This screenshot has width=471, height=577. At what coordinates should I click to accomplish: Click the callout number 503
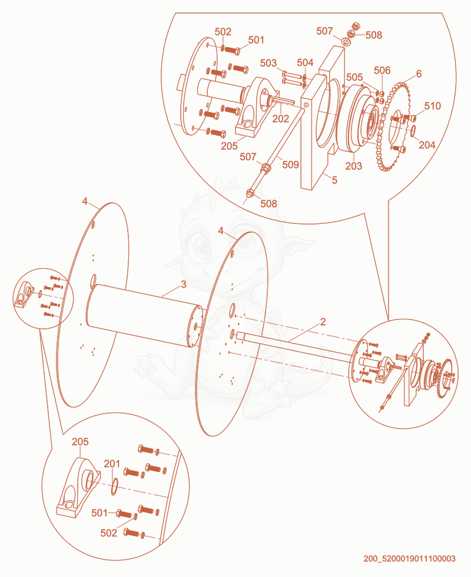268,63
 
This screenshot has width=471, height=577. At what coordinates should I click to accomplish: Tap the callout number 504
305,62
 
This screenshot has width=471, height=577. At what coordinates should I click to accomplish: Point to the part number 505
354,77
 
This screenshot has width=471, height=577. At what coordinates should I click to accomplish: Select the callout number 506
382,70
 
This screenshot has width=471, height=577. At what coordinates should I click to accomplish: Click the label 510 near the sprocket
432,106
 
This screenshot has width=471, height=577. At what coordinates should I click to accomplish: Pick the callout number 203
353,166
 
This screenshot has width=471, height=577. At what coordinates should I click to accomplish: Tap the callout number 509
290,164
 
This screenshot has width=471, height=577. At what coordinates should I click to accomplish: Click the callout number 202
281,118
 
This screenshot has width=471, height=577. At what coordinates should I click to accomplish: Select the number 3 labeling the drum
184,285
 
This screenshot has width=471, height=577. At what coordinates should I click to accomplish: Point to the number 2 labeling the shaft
323,322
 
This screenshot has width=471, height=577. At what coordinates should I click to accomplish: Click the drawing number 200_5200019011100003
410,559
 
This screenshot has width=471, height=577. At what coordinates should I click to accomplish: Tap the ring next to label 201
114,486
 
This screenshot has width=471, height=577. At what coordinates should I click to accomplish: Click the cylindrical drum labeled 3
144,315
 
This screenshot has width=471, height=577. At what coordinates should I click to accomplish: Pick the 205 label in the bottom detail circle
80,441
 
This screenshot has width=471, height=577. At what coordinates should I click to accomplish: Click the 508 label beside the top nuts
374,35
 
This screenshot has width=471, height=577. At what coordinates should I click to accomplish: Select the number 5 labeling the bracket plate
334,180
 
